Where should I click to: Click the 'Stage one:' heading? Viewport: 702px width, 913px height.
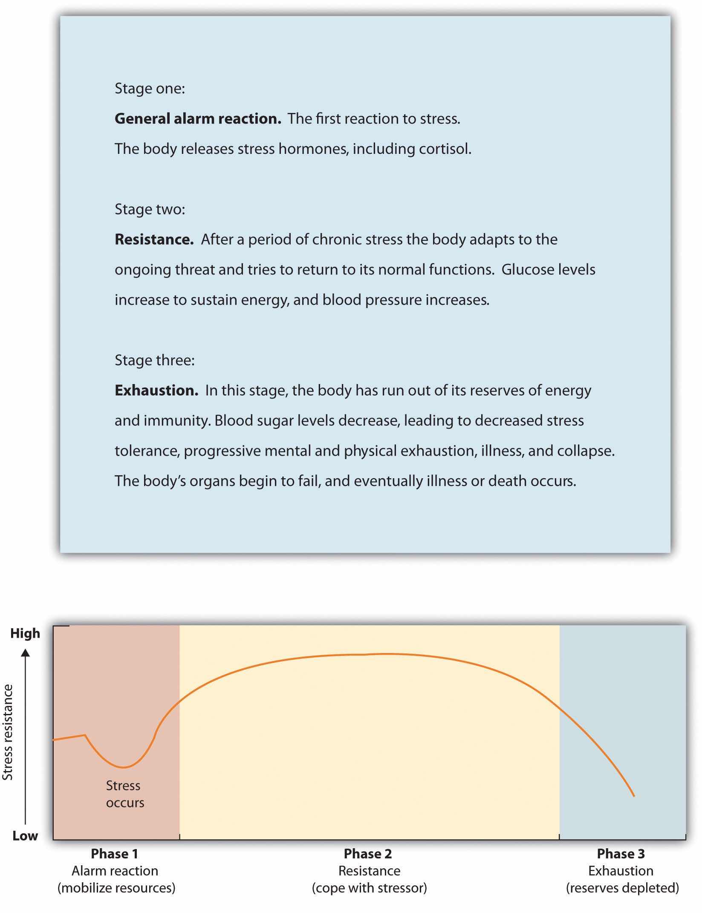pos(150,88)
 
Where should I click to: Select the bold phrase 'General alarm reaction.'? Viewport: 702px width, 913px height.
pos(198,118)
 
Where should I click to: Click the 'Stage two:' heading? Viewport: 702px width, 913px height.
pos(150,209)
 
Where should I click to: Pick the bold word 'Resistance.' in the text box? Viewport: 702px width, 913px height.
pos(154,239)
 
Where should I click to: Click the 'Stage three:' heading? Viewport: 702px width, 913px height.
pos(154,360)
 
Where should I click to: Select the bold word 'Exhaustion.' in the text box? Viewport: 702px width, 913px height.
pos(156,390)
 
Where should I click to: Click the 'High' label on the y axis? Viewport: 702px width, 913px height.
pos(25,633)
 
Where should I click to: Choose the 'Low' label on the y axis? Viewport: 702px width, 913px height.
pos(25,836)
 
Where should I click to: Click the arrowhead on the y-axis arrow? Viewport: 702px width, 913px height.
pos(26,653)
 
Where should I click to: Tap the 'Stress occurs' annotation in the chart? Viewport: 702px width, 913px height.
pos(125,794)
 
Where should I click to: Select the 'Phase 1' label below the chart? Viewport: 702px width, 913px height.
pos(114,854)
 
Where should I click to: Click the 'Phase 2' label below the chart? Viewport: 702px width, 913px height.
pos(367,854)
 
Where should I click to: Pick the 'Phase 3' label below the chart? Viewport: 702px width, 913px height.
pos(621,854)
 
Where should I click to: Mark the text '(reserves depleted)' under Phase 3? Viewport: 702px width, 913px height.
pos(622,888)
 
